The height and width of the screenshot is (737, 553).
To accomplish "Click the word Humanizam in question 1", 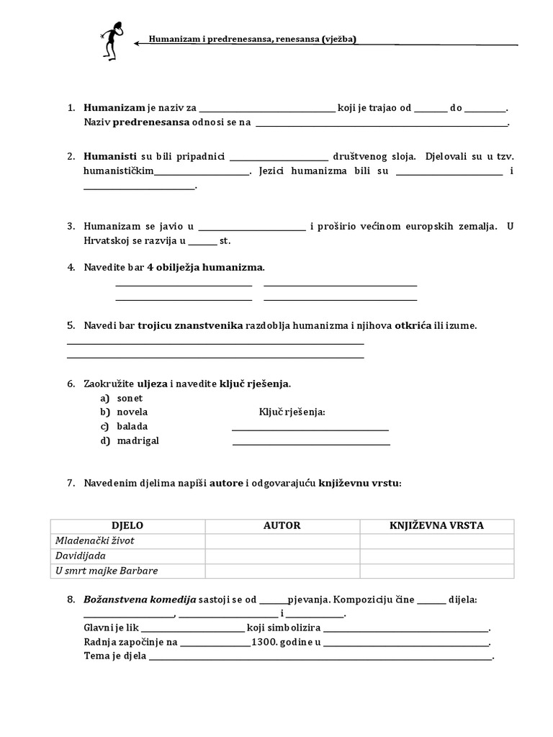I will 114,108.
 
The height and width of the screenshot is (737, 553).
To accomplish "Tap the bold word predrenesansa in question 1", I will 151,122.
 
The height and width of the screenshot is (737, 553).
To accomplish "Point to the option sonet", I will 130,398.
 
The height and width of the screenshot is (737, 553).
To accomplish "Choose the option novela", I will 132,412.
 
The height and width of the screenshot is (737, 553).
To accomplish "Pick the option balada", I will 132,426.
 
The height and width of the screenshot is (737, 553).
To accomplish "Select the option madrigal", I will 138,440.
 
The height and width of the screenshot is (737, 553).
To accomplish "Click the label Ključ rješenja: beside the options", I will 292,412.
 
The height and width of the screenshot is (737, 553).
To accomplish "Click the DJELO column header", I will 127,526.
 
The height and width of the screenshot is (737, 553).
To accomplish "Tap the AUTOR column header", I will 282,526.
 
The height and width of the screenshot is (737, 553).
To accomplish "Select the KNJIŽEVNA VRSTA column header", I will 436,526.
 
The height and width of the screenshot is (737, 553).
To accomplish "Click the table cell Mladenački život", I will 95,541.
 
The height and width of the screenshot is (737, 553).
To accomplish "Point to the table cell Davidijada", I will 80,556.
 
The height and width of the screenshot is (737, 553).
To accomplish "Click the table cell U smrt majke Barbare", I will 107,571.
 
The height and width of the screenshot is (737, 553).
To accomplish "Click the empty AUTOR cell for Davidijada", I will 282,556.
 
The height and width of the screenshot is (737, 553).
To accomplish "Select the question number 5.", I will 71,325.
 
